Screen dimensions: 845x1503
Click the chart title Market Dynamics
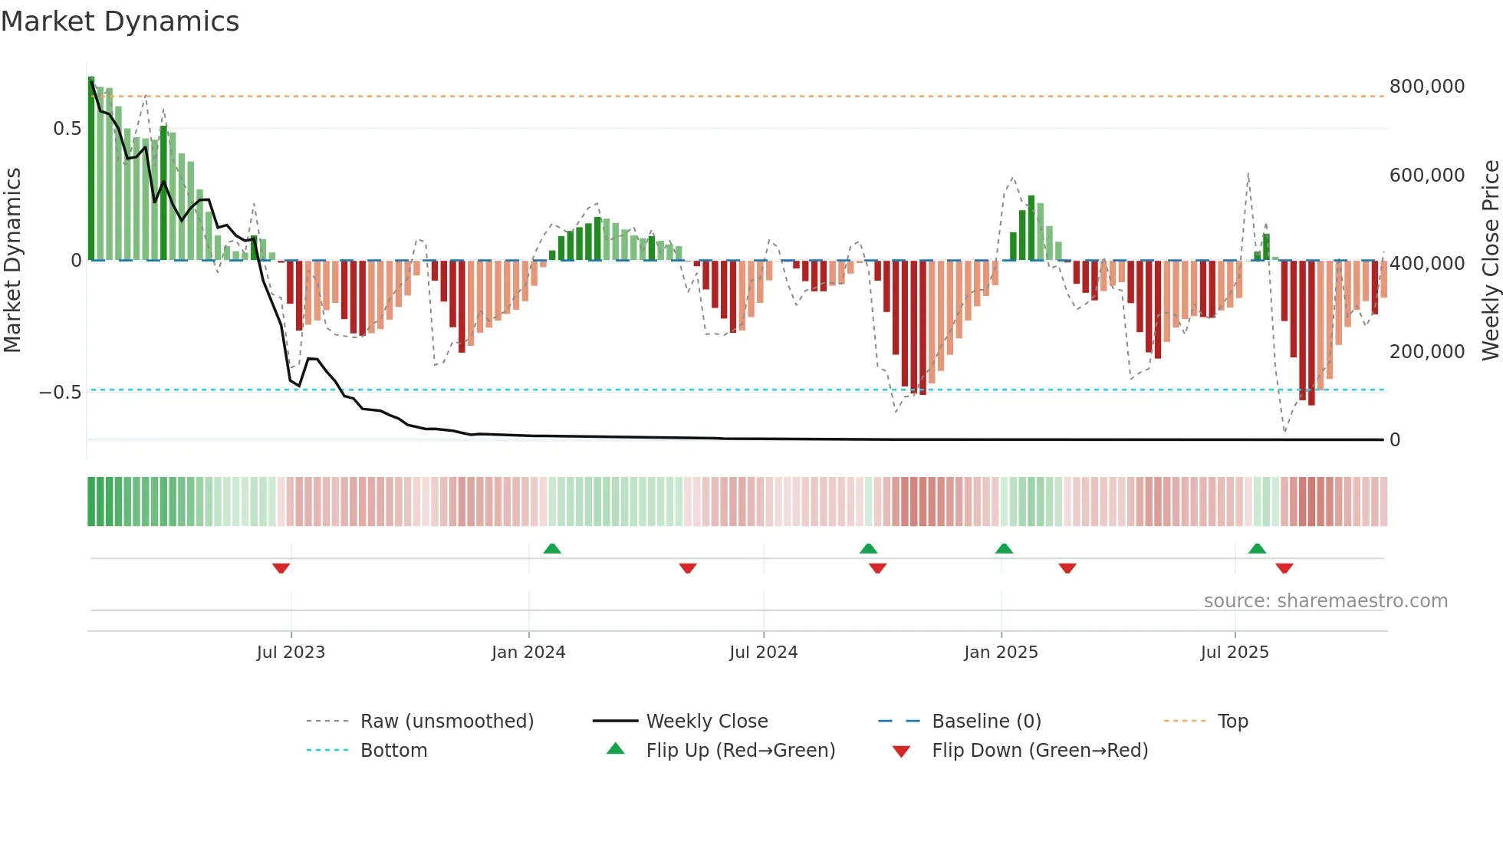[120, 21]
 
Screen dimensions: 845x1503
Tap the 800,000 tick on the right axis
[1426, 87]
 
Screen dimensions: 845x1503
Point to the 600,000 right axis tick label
[1426, 176]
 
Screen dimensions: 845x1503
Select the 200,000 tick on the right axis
[1426, 352]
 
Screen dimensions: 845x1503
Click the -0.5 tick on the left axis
[61, 393]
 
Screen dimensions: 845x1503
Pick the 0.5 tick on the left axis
[67, 129]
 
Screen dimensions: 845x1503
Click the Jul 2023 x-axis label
[291, 653]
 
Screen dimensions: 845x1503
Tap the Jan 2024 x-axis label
[528, 653]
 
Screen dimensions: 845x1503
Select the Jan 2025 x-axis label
[1001, 653]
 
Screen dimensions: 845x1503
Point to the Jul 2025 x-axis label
[1235, 653]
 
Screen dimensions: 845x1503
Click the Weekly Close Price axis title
[1490, 261]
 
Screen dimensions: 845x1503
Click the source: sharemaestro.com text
[1325, 601]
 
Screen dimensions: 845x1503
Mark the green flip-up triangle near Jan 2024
[552, 548]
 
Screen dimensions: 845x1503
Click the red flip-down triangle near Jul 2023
[281, 568]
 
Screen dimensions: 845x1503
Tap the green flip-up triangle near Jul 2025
[1257, 548]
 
